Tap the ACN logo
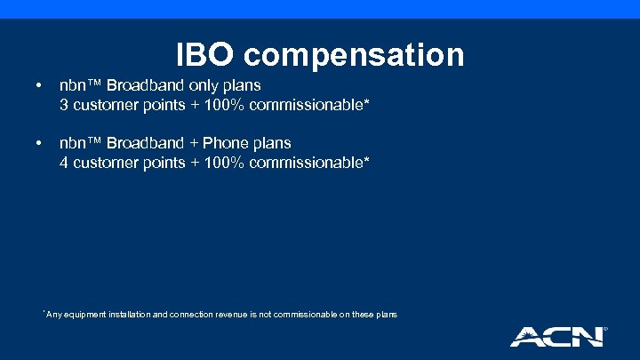pyautogui.click(x=557, y=336)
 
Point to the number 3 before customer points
pyautogui.click(x=64, y=107)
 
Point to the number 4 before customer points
pyautogui.click(x=64, y=163)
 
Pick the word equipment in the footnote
pyautogui.click(x=87, y=316)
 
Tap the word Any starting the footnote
pyautogui.click(x=54, y=315)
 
